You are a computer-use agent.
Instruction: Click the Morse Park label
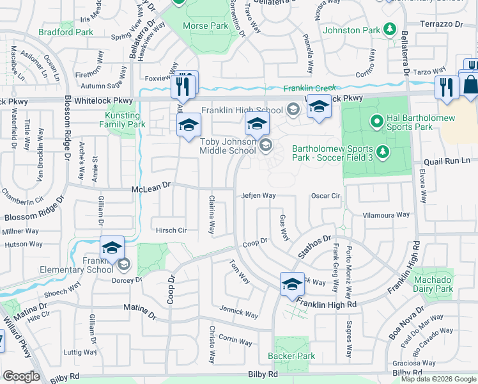[205, 26]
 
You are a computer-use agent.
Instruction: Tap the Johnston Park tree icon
[389, 29]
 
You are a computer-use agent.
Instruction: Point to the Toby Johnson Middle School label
[228, 146]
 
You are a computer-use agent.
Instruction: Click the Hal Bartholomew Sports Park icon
[377, 120]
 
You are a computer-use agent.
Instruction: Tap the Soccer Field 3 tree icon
[382, 151]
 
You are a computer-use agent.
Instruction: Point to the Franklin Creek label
[310, 88]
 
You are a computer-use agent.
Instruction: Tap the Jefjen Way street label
[258, 196]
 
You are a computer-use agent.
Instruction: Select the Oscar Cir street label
[326, 196]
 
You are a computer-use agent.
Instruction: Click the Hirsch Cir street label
[171, 230]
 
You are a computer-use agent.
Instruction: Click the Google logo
[21, 376]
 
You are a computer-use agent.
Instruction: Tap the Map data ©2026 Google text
[438, 380]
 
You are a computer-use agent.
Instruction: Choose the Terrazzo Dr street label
[442, 24]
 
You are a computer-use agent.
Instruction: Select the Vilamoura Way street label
[386, 216]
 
